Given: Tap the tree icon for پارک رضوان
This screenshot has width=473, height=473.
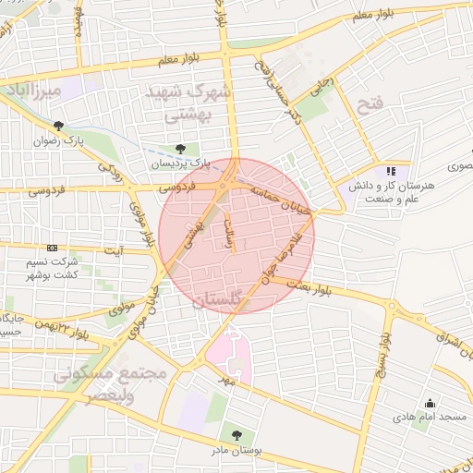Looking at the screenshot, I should point(59,126).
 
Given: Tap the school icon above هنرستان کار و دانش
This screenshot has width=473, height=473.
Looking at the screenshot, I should point(392,171).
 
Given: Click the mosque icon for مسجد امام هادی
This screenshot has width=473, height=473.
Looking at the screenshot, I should point(429,403).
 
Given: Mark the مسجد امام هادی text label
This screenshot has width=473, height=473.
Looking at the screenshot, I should point(439,418).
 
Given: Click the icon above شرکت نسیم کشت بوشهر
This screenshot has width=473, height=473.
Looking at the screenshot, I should point(52,248).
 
